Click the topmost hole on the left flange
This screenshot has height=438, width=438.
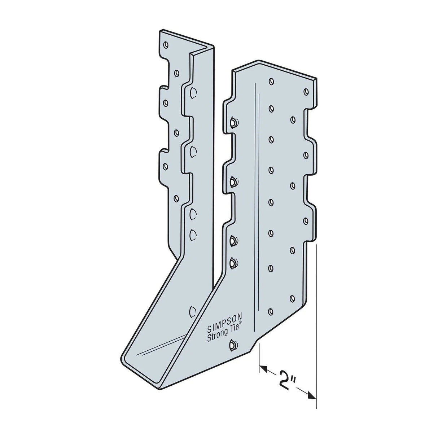coord(166,45)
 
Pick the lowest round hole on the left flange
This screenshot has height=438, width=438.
coord(176,198)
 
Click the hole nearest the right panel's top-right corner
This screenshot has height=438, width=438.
coord(306,91)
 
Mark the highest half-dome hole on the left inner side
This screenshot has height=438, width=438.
coord(193,93)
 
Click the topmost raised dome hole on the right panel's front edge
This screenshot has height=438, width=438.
coord(233,122)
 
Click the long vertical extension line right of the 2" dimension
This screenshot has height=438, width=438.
coord(316,325)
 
